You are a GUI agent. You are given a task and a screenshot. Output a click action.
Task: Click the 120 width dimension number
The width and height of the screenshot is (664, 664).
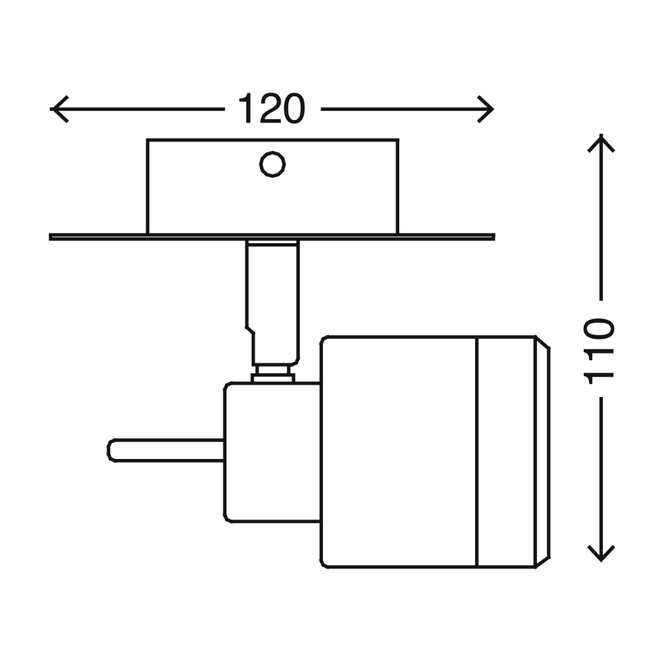coord(272,109)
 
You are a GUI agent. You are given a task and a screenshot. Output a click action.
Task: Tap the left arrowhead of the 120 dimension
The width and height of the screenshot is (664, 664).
coord(59,109)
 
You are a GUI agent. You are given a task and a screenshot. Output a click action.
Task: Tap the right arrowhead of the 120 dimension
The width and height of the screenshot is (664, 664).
coord(485,109)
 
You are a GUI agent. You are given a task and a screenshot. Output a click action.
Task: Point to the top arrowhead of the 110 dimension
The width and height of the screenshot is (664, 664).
coord(601,143)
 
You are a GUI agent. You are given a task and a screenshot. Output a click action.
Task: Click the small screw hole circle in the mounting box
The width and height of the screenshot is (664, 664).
coord(272,164)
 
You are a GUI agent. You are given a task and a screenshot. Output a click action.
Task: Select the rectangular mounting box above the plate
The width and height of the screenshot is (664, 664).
coord(272,187)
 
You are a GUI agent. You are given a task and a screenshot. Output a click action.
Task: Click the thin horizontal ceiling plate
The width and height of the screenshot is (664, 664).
coord(272,236)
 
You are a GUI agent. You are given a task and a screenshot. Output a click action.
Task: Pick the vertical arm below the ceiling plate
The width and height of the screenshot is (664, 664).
coord(272,303)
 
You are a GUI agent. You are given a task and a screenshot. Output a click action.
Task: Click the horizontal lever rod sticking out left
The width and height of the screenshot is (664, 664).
coord(165,451)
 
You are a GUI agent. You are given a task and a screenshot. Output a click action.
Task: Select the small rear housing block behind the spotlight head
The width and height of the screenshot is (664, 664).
coord(272,452)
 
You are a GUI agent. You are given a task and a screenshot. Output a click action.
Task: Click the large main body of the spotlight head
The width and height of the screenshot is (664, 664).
coord(399,452)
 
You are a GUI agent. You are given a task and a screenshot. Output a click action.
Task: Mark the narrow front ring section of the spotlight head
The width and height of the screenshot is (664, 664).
coord(506,452)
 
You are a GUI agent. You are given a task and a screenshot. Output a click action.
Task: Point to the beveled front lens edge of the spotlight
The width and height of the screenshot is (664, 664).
coord(543,452)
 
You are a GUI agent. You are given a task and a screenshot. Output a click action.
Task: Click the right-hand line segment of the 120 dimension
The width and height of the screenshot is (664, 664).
coord(406,109)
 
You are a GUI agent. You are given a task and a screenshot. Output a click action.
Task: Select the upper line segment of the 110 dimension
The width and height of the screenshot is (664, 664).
coord(601,217)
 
